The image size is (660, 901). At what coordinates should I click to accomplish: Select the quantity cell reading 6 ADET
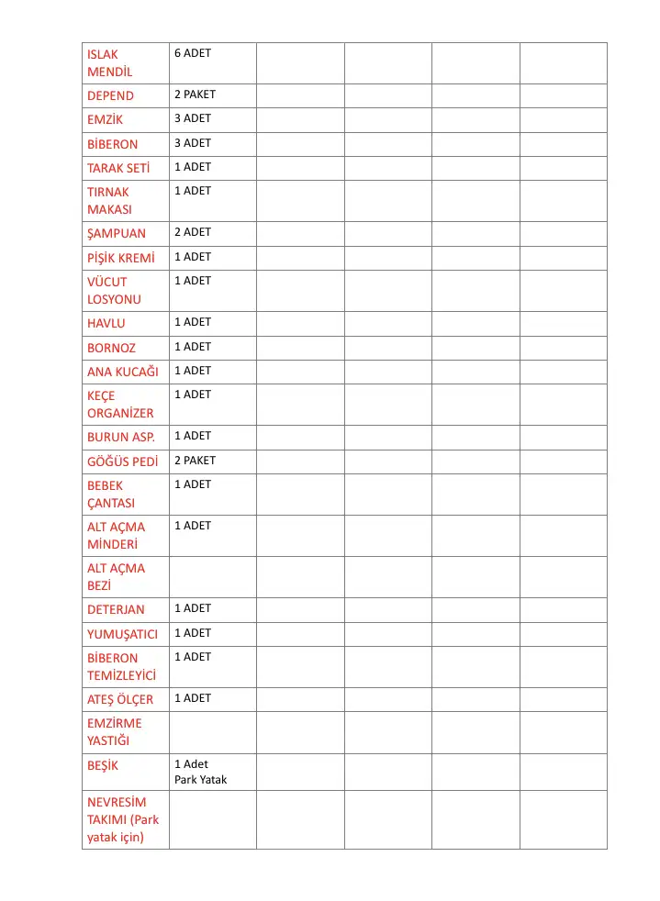(x=193, y=53)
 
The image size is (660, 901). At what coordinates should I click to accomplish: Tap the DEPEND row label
(x=110, y=96)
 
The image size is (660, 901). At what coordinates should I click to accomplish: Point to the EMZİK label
(x=105, y=120)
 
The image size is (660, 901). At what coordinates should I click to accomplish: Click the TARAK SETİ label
(x=118, y=168)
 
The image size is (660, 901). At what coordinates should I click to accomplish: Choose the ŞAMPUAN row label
(x=117, y=233)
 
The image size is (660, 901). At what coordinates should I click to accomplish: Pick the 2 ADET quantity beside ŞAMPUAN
(x=193, y=232)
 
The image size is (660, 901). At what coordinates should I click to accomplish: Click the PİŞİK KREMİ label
(x=121, y=258)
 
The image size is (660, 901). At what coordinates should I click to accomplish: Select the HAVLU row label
(x=106, y=323)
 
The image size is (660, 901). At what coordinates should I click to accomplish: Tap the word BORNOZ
(x=111, y=348)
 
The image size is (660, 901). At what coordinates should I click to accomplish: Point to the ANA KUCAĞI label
(x=123, y=372)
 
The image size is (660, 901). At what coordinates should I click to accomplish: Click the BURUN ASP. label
(x=121, y=437)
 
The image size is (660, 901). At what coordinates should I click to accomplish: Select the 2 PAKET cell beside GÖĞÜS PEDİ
(x=195, y=460)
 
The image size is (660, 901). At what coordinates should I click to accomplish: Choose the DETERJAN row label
(x=116, y=609)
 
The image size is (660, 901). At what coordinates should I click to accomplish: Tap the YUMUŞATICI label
(x=122, y=634)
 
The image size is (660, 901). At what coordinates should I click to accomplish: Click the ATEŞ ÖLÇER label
(x=120, y=699)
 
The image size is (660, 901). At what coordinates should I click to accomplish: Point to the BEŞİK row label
(x=103, y=765)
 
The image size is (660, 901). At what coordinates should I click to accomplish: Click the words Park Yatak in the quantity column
(x=200, y=780)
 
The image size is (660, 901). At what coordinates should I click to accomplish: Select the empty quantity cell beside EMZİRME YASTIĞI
(x=212, y=732)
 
